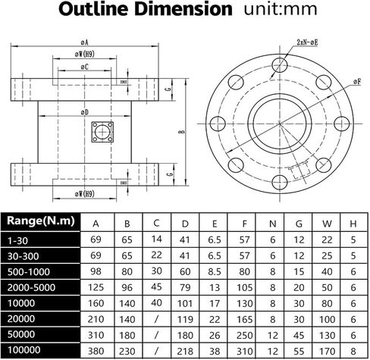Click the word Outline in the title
[x=95, y=9]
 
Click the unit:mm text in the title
[x=281, y=9]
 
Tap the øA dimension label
[x=84, y=42]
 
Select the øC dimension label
[x=85, y=67]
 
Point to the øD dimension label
[x=85, y=112]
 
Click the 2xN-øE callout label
[x=307, y=42]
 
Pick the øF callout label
[x=357, y=81]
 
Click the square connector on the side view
[x=102, y=132]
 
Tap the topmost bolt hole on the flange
[x=280, y=65]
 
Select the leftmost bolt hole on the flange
[x=218, y=124]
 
